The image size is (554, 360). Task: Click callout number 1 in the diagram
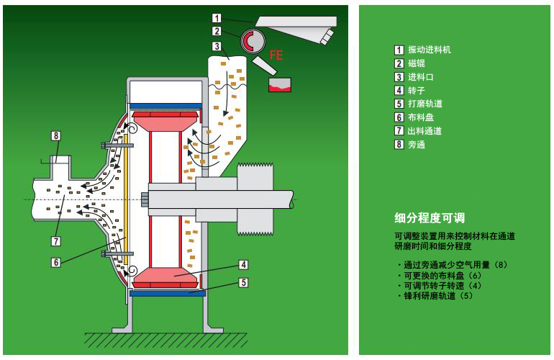(217, 17)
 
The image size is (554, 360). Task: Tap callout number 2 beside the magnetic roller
(217, 31)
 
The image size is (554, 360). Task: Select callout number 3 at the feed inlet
(217, 46)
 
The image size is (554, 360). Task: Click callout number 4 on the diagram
(245, 264)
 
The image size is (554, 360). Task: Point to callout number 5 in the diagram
(245, 283)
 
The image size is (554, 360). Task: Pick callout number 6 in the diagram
(55, 262)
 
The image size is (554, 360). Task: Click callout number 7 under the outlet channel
(55, 240)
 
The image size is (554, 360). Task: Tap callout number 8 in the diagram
(55, 135)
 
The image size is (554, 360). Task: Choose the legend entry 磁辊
(416, 63)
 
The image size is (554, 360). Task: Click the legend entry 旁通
(416, 144)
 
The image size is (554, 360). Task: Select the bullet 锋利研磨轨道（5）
(436, 296)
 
